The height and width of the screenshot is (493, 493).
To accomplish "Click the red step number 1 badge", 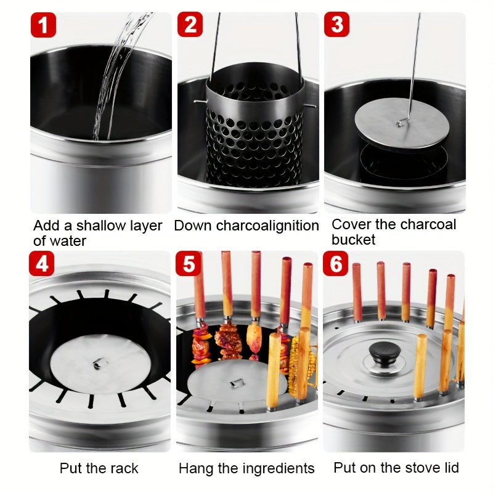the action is [43, 25].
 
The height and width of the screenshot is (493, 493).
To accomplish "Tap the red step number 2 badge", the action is [190, 25].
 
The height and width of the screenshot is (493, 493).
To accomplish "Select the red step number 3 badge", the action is [336, 25].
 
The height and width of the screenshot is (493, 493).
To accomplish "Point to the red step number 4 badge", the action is [41, 264].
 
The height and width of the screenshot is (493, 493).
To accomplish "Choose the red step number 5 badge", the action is [189, 264].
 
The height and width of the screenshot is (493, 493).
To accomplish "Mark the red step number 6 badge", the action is [335, 264].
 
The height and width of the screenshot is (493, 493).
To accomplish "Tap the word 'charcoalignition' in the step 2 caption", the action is [267, 226].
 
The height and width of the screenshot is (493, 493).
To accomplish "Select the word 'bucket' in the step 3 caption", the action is [353, 240].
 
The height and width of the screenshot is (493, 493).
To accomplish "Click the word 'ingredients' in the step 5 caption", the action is [279, 468].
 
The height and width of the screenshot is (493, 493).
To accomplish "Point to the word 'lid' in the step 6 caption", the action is [452, 468].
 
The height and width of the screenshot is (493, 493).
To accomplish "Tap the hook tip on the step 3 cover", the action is [399, 124].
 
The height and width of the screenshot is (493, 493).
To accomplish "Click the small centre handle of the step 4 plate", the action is [100, 364].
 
